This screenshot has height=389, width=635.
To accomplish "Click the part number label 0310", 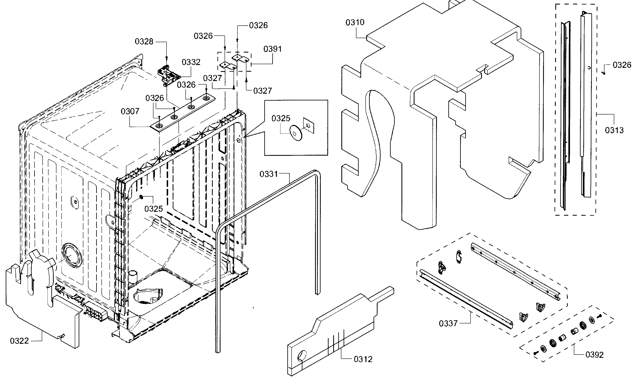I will pos(355,22).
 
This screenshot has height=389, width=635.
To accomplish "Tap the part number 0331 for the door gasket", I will pos(269,174).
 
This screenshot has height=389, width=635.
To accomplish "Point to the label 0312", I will pos(363,359).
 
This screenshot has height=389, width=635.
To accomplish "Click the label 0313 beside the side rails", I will pos(614,130).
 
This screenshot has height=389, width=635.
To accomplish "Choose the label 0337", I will pos(448,323).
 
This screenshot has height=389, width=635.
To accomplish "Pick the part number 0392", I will pos(594,355).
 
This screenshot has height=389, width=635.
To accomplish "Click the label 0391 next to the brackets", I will pos(272,49).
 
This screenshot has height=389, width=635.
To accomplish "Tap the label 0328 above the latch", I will pos(144,42).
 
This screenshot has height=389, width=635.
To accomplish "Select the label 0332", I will pos(191,62).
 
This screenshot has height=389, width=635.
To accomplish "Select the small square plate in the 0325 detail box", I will pos(309,126).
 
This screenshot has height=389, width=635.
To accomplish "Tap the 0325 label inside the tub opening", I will pos(154,209).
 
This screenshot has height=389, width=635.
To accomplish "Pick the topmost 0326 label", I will pos(258,25).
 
